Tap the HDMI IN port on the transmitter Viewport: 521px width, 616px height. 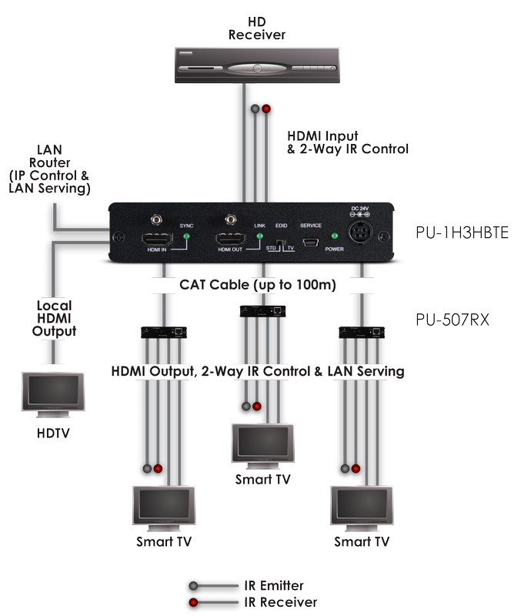pos(156,238)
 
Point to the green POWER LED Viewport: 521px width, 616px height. pos(333,236)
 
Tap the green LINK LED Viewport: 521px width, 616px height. pos(259,236)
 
